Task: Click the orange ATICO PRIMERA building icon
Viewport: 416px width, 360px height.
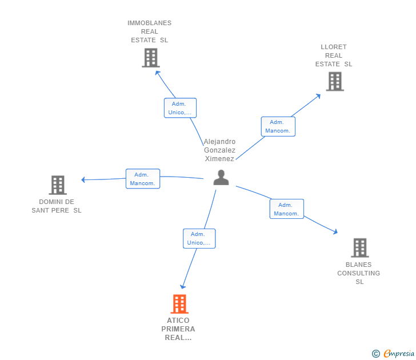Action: [x=179, y=304]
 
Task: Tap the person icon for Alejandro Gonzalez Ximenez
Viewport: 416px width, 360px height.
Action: [x=221, y=177]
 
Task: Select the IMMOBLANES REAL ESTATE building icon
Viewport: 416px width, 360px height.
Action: [x=151, y=58]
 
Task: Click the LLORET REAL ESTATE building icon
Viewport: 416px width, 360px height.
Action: [x=335, y=82]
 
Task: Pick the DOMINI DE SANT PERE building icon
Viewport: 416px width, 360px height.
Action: [x=58, y=185]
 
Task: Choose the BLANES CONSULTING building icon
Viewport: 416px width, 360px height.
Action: [x=360, y=248]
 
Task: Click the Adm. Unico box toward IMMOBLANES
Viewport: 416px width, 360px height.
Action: [x=180, y=108]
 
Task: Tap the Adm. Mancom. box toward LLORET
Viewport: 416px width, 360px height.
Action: [x=278, y=126]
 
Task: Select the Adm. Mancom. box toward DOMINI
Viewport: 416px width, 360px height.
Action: [x=143, y=179]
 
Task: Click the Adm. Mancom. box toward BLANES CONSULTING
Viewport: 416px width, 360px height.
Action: [x=286, y=209]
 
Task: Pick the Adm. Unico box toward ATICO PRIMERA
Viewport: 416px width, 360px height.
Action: [x=199, y=238]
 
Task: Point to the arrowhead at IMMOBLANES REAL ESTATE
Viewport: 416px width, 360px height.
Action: [x=157, y=73]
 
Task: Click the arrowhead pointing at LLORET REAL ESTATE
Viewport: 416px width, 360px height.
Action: [x=318, y=96]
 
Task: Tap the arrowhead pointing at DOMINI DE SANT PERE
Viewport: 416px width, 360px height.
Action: [x=83, y=180]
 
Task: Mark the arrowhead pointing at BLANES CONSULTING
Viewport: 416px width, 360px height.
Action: [x=335, y=232]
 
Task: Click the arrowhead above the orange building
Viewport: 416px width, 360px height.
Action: [x=182, y=286]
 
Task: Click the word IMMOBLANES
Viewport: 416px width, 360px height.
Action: [x=149, y=23]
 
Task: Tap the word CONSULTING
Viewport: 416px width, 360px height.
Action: [x=358, y=273]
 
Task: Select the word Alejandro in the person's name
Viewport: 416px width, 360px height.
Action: [x=219, y=142]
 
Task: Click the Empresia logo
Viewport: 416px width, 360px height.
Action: [x=393, y=353]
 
